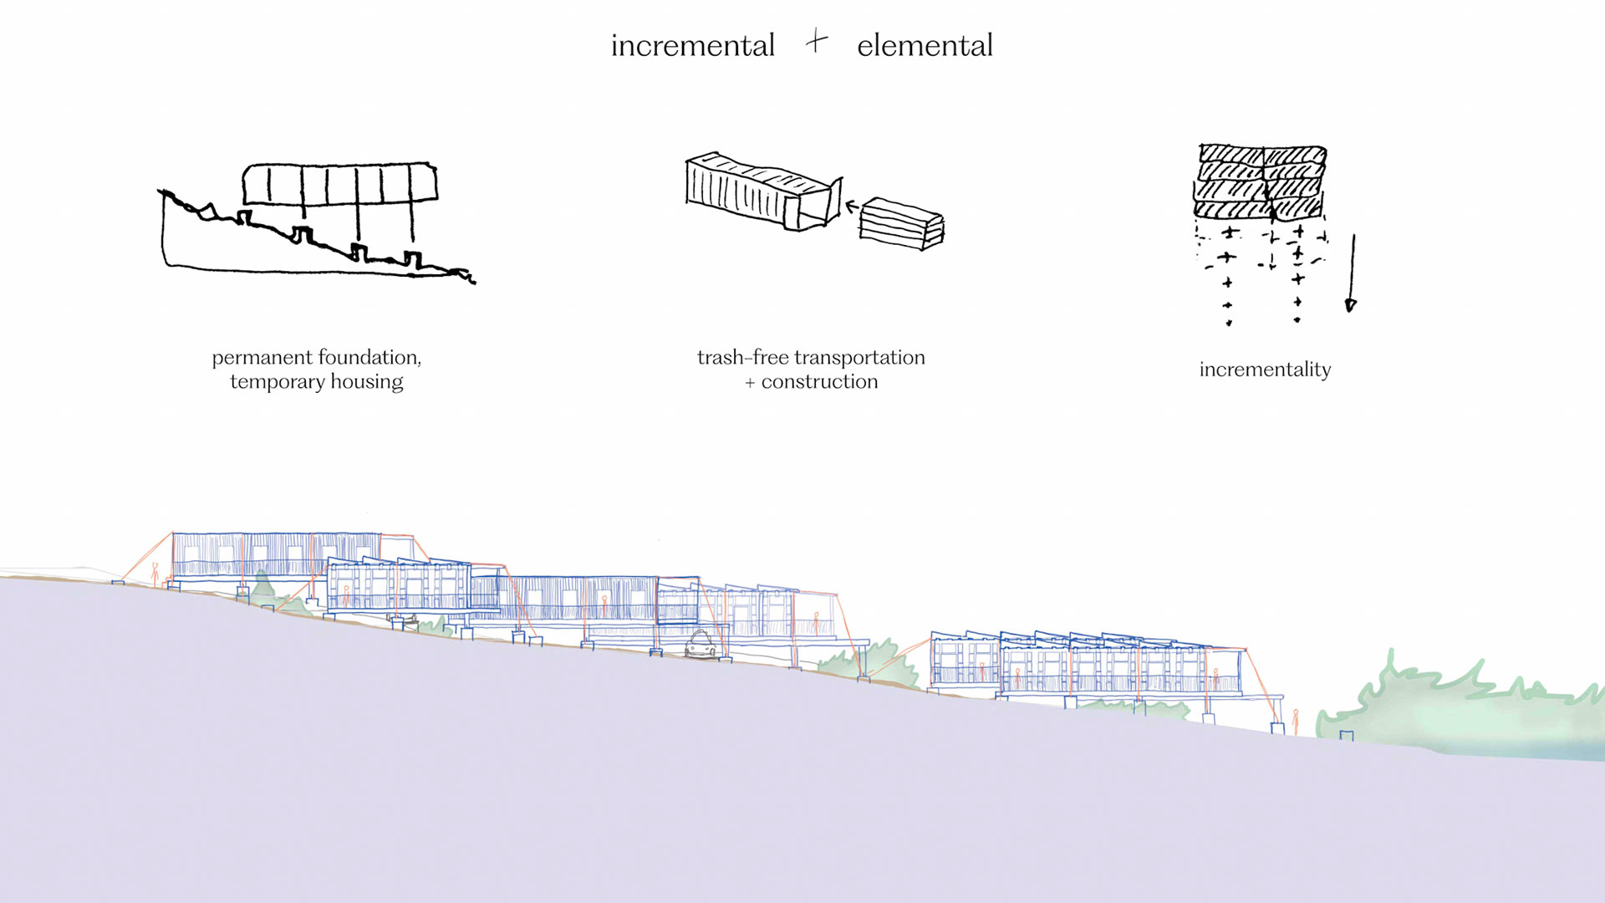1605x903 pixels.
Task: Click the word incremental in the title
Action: click(x=692, y=46)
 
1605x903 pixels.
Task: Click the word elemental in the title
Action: click(x=925, y=46)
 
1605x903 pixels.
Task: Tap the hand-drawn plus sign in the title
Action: click(x=817, y=41)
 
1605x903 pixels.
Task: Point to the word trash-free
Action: click(x=743, y=358)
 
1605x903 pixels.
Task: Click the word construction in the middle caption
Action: click(x=819, y=382)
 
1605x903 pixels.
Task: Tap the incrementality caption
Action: click(x=1265, y=370)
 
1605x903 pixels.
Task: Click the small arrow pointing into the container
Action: click(x=852, y=207)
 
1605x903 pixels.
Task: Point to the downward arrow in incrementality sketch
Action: click(x=1351, y=276)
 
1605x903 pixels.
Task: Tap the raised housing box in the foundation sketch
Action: click(x=339, y=184)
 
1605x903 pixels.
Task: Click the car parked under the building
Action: click(x=701, y=645)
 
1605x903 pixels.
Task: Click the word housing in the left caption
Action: click(x=366, y=382)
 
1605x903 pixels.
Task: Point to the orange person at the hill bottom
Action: click(x=1296, y=722)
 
